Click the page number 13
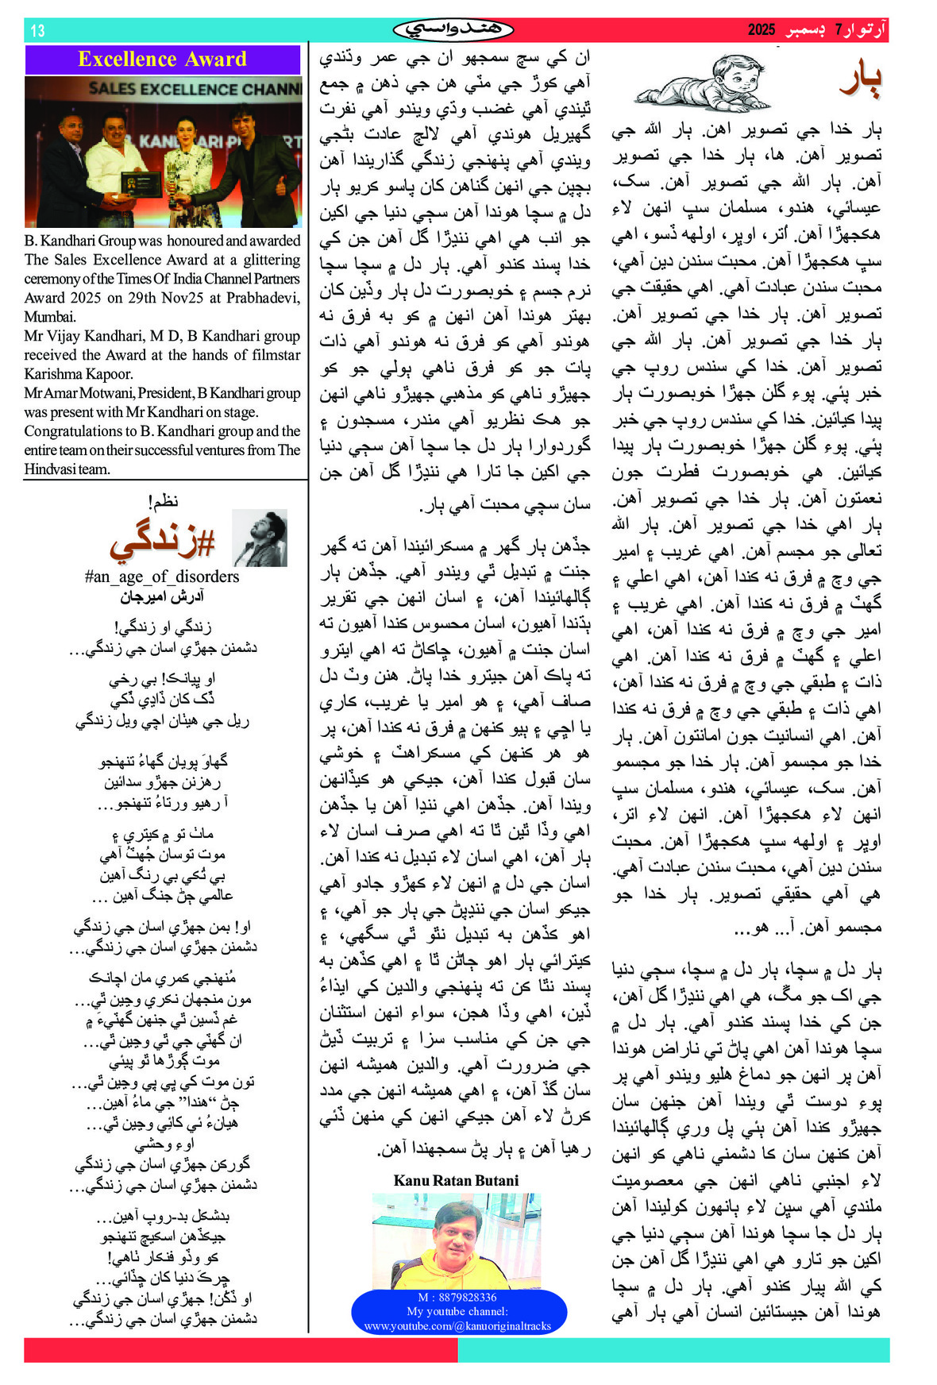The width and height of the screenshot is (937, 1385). point(37,31)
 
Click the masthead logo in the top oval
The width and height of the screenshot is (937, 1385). point(453,30)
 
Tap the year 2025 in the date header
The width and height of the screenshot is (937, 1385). point(761,30)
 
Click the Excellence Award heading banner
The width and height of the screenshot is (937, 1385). point(163,60)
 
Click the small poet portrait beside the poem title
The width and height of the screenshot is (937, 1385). point(260,538)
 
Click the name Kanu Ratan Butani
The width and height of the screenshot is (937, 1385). point(456,1181)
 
